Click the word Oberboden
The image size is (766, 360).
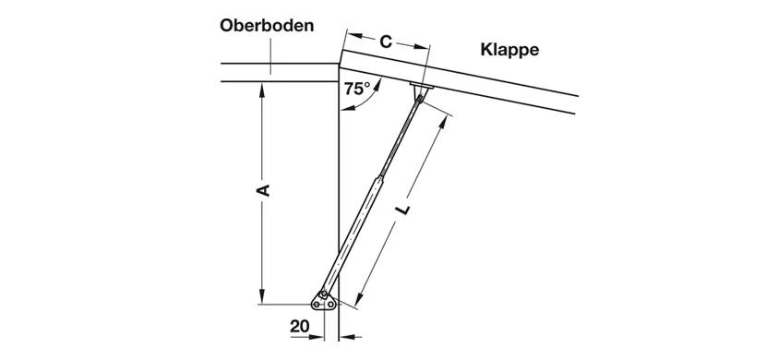[266, 25]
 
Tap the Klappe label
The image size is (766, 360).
[509, 49]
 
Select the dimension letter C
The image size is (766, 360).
[386, 42]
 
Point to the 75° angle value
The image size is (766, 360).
[356, 89]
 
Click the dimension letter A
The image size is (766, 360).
[262, 190]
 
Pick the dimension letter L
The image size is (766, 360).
[403, 211]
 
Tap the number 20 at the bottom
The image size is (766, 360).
[300, 326]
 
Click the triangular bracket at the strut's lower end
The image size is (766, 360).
[323, 300]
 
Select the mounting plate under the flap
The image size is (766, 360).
[422, 87]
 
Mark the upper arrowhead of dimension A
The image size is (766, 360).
[262, 90]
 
